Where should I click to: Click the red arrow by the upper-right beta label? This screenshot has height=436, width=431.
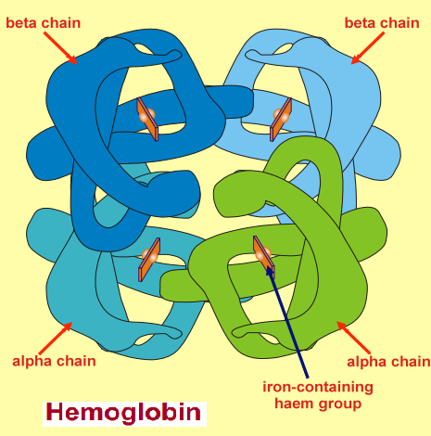click(x=364, y=50)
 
